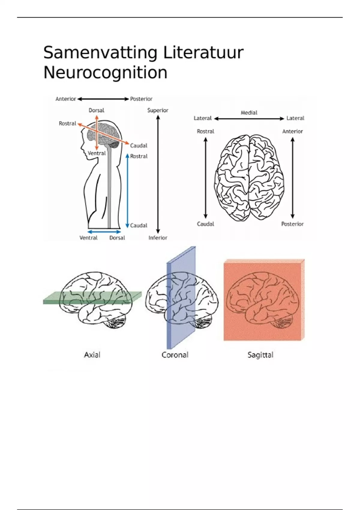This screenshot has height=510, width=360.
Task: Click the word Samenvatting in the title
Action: pos(100,53)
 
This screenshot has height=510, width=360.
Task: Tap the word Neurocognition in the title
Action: pos(105,73)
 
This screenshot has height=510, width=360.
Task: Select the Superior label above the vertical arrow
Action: pos(158,110)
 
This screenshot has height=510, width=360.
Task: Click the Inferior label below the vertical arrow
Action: pos(158,238)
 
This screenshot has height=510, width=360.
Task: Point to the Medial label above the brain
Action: pos(249,113)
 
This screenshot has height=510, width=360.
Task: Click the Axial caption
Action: pos(92,355)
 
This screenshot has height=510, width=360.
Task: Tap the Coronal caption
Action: pos(175,355)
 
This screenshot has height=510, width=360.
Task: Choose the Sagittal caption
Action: pos(260,355)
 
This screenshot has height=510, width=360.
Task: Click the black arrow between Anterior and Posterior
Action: pos(103,99)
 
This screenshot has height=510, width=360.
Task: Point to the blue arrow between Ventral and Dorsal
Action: pos(104,232)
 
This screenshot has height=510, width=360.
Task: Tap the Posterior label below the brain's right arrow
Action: pos(292,224)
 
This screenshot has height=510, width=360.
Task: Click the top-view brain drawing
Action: pos(249,177)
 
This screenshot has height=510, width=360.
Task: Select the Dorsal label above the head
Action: pos(96,110)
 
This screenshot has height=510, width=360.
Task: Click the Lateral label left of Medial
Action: pos(202,118)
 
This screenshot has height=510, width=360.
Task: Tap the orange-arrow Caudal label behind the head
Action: pos(139,146)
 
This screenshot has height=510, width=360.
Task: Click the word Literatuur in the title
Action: pos(203,53)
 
